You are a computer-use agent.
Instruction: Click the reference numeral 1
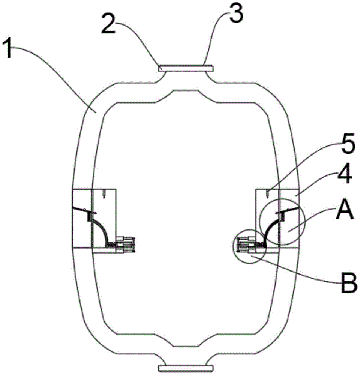click(9, 49)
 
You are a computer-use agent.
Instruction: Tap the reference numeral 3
click(236, 13)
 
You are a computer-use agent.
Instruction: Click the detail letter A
click(345, 210)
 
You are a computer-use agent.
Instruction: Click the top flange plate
click(186, 68)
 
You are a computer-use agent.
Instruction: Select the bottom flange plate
click(186, 368)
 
